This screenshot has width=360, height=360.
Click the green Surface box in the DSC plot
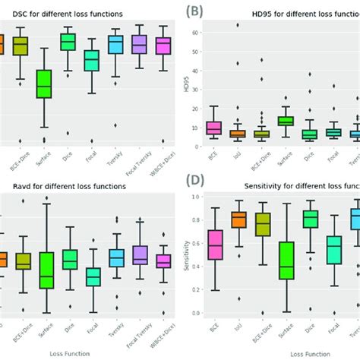(x=44, y=84)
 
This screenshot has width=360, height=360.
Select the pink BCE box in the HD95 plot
(x=213, y=128)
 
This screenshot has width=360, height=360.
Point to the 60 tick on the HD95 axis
(x=195, y=33)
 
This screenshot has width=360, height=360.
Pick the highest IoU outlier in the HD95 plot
(x=237, y=24)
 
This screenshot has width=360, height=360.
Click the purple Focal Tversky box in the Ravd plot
(x=140, y=254)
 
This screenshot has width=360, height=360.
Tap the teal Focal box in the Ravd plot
(x=93, y=276)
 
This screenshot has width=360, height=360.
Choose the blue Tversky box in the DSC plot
(x=115, y=44)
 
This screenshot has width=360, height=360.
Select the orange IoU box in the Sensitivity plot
(x=237, y=219)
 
